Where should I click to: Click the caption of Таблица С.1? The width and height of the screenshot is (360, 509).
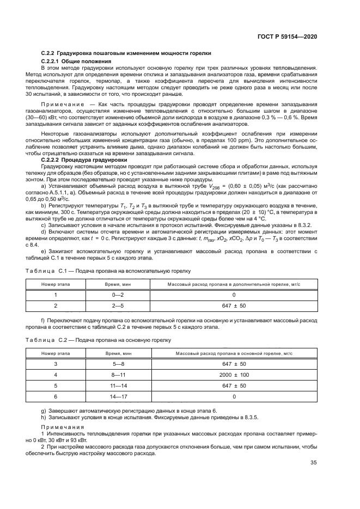pos(108,270)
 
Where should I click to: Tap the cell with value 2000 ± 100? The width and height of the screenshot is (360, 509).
pos(234,375)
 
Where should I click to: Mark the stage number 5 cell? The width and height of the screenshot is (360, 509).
pos(56,386)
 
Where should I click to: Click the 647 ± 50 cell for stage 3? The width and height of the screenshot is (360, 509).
pos(234,364)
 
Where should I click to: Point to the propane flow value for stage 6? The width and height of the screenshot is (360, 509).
pos(234,397)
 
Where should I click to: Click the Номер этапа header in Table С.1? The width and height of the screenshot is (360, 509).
pos(56,284)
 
